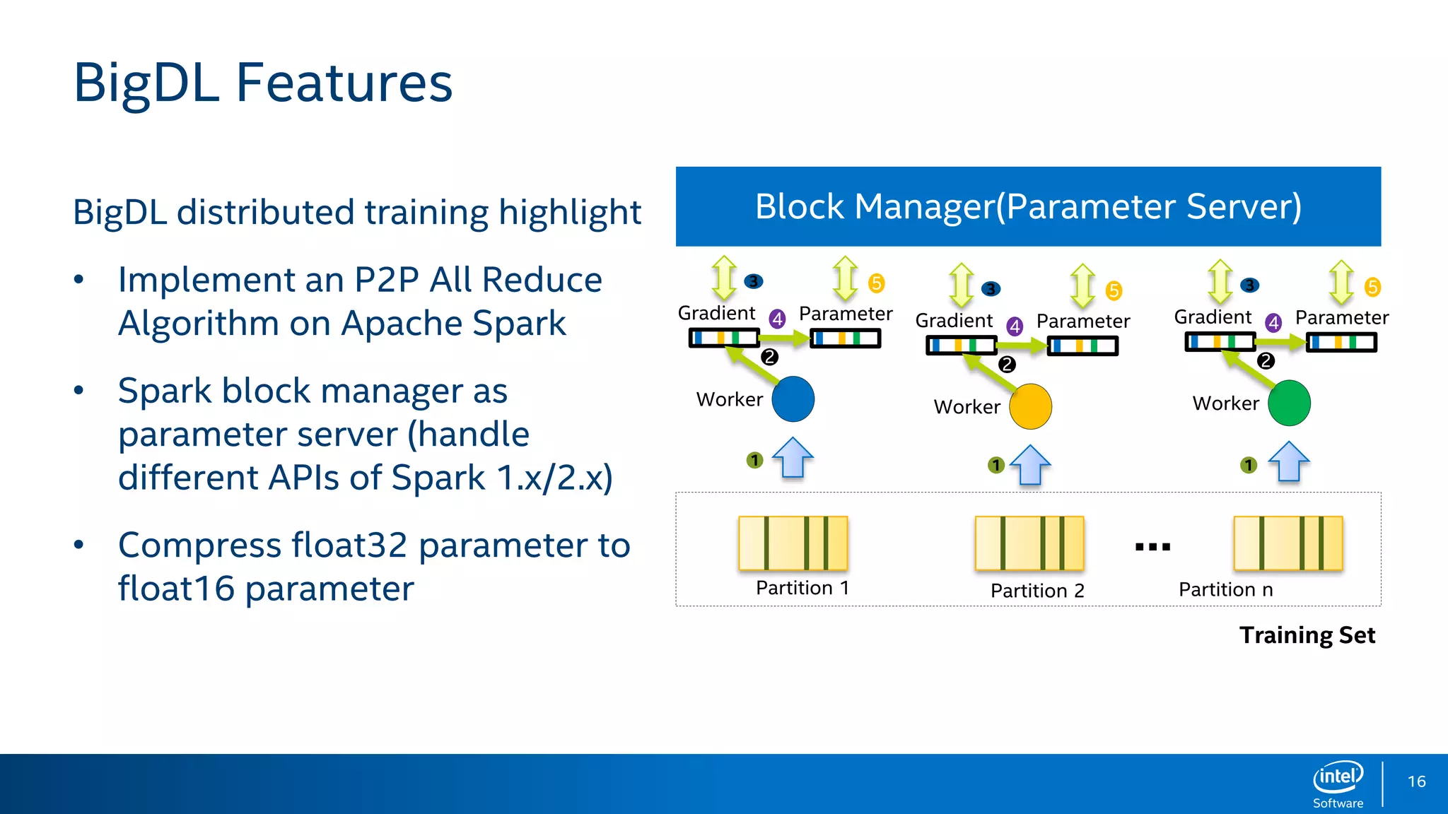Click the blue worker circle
point(793,399)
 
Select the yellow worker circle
point(1030,406)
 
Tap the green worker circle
point(1289,403)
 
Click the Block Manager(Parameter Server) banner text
point(1028,206)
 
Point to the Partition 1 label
point(802,588)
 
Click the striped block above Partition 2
point(1029,543)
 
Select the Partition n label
point(1225,589)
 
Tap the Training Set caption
point(1307,635)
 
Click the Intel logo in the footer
point(1338,777)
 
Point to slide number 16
point(1416,781)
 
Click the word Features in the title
point(344,83)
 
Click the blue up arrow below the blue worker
point(793,459)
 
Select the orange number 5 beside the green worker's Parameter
point(1372,287)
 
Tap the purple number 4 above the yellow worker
point(1015,326)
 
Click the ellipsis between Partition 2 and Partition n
point(1152,546)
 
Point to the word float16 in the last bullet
point(176,589)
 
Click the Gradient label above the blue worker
point(716,313)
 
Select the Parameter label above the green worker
point(1341,318)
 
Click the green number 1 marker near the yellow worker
point(995,465)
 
